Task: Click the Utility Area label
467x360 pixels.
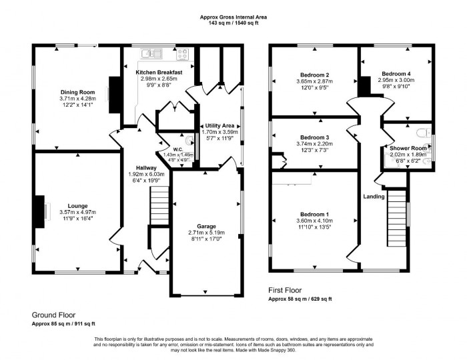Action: pos(219,125)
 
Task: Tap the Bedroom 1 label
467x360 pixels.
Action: pos(312,213)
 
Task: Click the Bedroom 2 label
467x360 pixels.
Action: pos(313,74)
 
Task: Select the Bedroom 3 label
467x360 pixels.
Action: pos(313,136)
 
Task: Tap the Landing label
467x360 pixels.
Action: pos(374,196)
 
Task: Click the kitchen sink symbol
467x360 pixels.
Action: pos(154,53)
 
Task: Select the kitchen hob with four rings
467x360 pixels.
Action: pos(182,53)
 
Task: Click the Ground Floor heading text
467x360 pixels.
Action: pos(53,314)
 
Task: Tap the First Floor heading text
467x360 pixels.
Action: pos(284,291)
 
